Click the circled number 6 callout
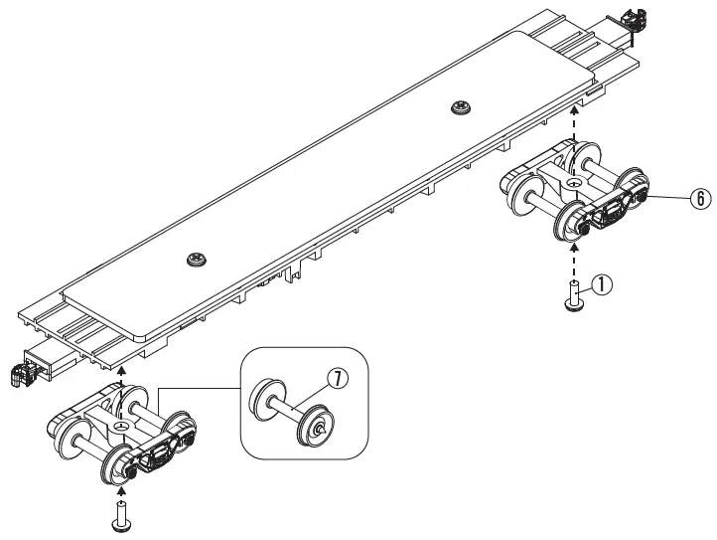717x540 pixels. (x=701, y=198)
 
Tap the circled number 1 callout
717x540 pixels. (x=604, y=283)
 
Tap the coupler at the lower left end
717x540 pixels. (x=17, y=376)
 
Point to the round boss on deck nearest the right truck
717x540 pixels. (x=460, y=108)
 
